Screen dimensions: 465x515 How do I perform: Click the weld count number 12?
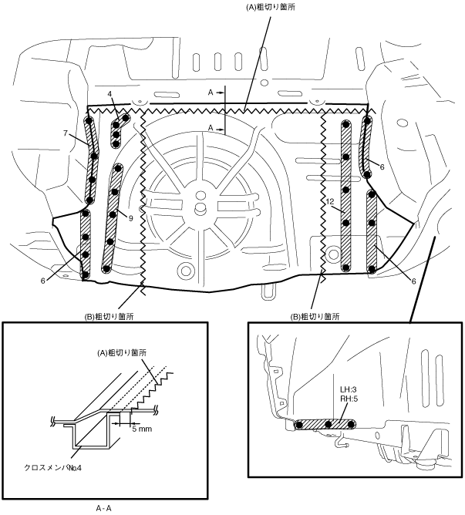pos(331,201)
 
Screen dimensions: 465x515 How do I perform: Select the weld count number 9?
pos(131,217)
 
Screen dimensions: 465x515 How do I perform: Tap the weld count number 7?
pos(66,133)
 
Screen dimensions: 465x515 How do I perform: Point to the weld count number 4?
pos(110,94)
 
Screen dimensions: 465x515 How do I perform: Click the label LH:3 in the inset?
pos(349,389)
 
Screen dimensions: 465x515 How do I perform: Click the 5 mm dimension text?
pos(142,429)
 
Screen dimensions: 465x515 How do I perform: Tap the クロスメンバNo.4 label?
pos(53,467)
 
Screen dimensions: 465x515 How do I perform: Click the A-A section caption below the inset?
pos(104,508)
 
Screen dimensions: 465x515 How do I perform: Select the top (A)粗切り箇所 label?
pos(271,7)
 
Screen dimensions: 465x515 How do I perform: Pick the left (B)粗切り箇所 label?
pos(109,317)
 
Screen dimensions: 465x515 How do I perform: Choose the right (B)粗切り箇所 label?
pos(315,317)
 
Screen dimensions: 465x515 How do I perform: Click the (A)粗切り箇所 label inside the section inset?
pos(122,353)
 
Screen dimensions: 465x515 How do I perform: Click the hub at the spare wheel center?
pos(199,207)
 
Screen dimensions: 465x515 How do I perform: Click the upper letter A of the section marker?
pos(211,93)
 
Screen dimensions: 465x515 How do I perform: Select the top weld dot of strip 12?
pos(345,124)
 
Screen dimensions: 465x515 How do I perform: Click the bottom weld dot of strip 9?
pos(106,268)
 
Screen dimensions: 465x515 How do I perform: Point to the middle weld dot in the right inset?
pos(328,424)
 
